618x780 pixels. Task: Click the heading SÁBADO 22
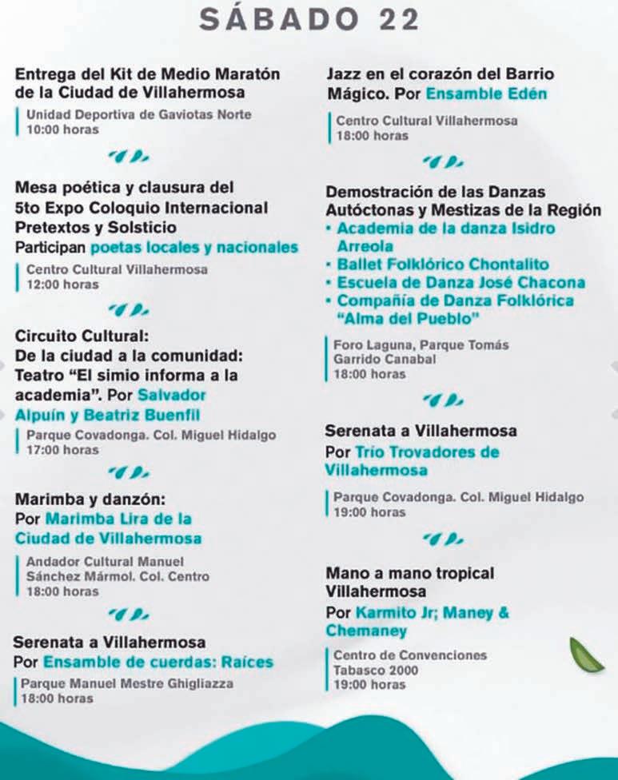(x=309, y=20)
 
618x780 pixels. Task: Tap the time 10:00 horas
(x=62, y=129)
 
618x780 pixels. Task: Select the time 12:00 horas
(x=62, y=284)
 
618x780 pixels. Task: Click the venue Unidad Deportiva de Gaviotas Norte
(x=138, y=114)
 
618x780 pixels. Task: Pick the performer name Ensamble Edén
(x=486, y=94)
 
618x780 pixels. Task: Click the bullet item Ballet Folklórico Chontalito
(x=442, y=265)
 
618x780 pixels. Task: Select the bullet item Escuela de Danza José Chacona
(x=461, y=283)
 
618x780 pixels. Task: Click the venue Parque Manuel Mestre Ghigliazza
(x=127, y=683)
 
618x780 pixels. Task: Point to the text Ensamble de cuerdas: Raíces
(x=158, y=662)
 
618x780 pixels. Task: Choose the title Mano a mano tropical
(x=409, y=573)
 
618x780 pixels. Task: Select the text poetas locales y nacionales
(x=194, y=247)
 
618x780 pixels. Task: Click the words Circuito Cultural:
(x=82, y=336)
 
